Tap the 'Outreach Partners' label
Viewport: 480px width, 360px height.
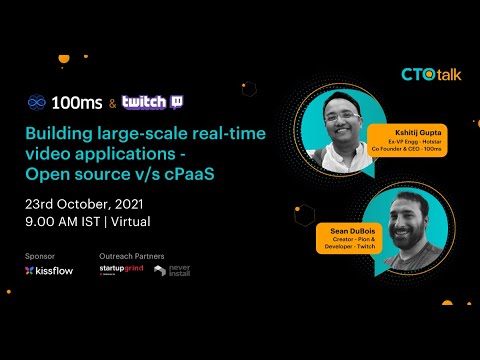[130, 256]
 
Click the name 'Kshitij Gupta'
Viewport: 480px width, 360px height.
[402, 132]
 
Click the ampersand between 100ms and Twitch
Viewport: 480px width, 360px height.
[111, 103]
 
